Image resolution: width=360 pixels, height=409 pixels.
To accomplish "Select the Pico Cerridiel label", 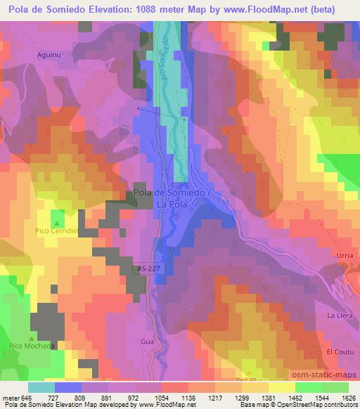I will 56,230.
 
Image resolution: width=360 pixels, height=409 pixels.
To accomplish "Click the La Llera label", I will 339,316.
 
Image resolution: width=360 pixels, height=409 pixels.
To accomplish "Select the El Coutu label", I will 338,351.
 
